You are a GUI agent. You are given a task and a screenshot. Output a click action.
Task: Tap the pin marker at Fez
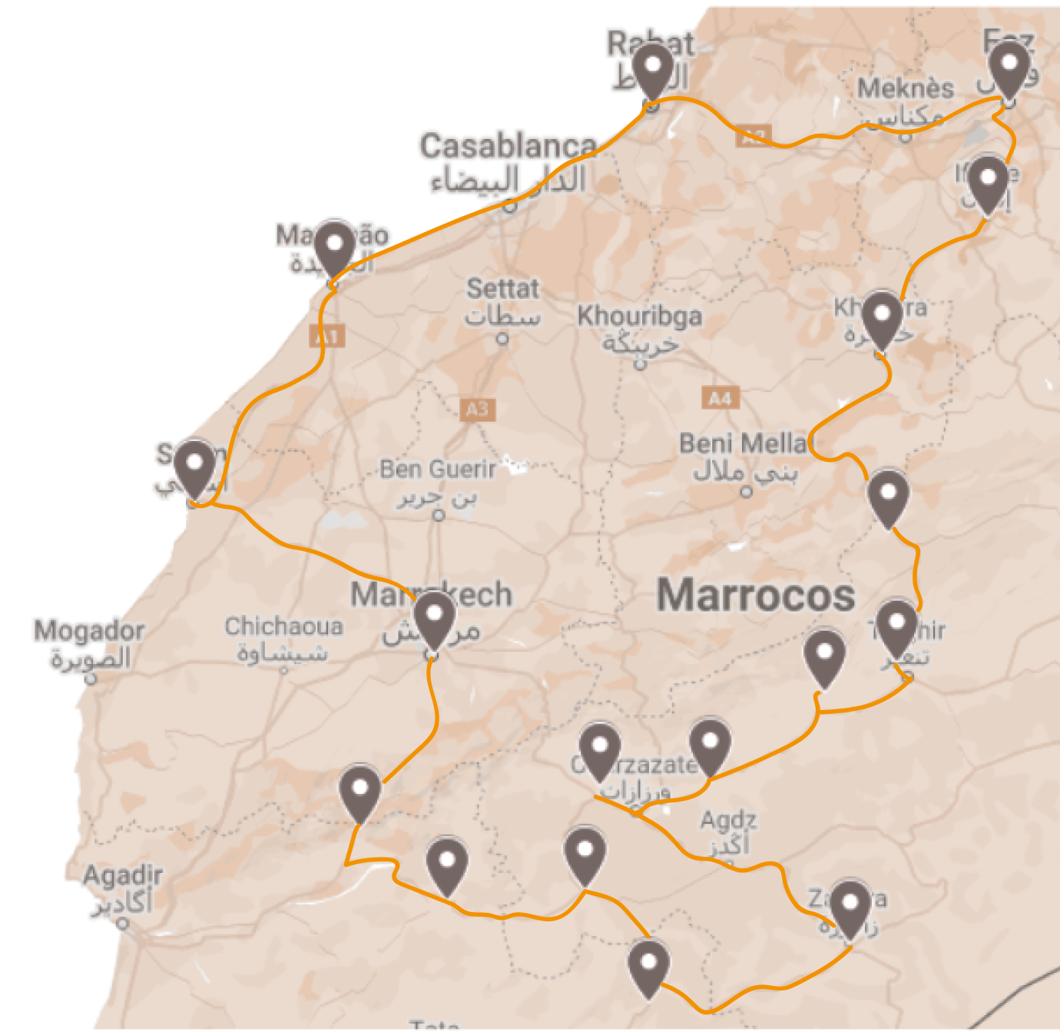(1009, 67)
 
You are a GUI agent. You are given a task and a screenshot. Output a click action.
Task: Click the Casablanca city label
(508, 146)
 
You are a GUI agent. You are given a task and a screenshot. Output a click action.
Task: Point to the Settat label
(503, 290)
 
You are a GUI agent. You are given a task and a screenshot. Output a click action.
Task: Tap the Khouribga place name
(640, 316)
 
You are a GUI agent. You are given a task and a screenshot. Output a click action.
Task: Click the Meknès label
(906, 89)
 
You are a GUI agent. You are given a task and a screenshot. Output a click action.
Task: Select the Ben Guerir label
(438, 469)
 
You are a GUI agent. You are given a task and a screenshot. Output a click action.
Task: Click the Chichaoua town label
(283, 626)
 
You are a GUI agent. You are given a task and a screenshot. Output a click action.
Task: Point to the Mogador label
(89, 631)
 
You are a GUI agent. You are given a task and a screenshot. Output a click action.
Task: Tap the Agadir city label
(123, 875)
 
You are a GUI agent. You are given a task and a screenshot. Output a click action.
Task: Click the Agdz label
(728, 821)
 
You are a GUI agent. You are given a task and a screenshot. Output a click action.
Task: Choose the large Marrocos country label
(756, 596)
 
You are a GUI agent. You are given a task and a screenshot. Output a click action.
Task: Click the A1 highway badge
(327, 336)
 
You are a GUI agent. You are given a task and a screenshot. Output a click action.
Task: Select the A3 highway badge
(477, 409)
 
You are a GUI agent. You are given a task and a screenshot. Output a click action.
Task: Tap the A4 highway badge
(720, 398)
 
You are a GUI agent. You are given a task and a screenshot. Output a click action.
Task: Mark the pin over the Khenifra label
(881, 317)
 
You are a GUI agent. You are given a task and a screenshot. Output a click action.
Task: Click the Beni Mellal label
(744, 443)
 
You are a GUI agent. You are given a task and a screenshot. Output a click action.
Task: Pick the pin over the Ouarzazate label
(599, 748)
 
